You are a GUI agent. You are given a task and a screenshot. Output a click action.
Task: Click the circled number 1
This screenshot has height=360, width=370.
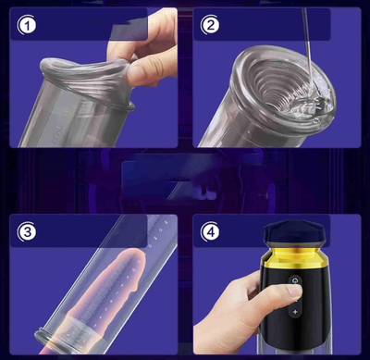[27, 25]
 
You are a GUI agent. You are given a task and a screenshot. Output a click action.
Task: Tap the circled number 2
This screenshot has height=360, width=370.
[210, 25]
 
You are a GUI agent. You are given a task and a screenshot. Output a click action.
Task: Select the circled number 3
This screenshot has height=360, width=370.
[27, 231]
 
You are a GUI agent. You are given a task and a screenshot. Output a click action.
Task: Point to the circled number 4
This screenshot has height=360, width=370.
[210, 231]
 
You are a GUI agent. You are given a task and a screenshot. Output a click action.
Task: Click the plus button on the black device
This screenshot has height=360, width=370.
[295, 312]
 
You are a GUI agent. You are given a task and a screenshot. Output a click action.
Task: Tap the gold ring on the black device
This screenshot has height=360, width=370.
[293, 257]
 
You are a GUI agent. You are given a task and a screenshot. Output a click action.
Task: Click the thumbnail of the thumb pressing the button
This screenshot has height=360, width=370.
[294, 291]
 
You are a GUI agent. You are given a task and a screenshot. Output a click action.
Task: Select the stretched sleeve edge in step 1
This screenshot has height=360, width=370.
[83, 67]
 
